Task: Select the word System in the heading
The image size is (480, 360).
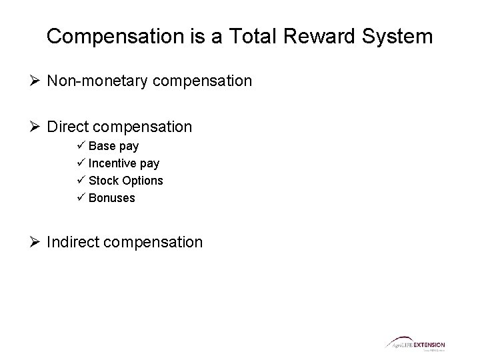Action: pyautogui.click(x=399, y=36)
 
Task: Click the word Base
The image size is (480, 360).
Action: pyautogui.click(x=101, y=146)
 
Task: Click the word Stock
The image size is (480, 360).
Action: pyautogui.click(x=103, y=181)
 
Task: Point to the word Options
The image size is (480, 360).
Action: pyautogui.click(x=142, y=181)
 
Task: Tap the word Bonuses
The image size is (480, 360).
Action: pyautogui.click(x=112, y=198)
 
